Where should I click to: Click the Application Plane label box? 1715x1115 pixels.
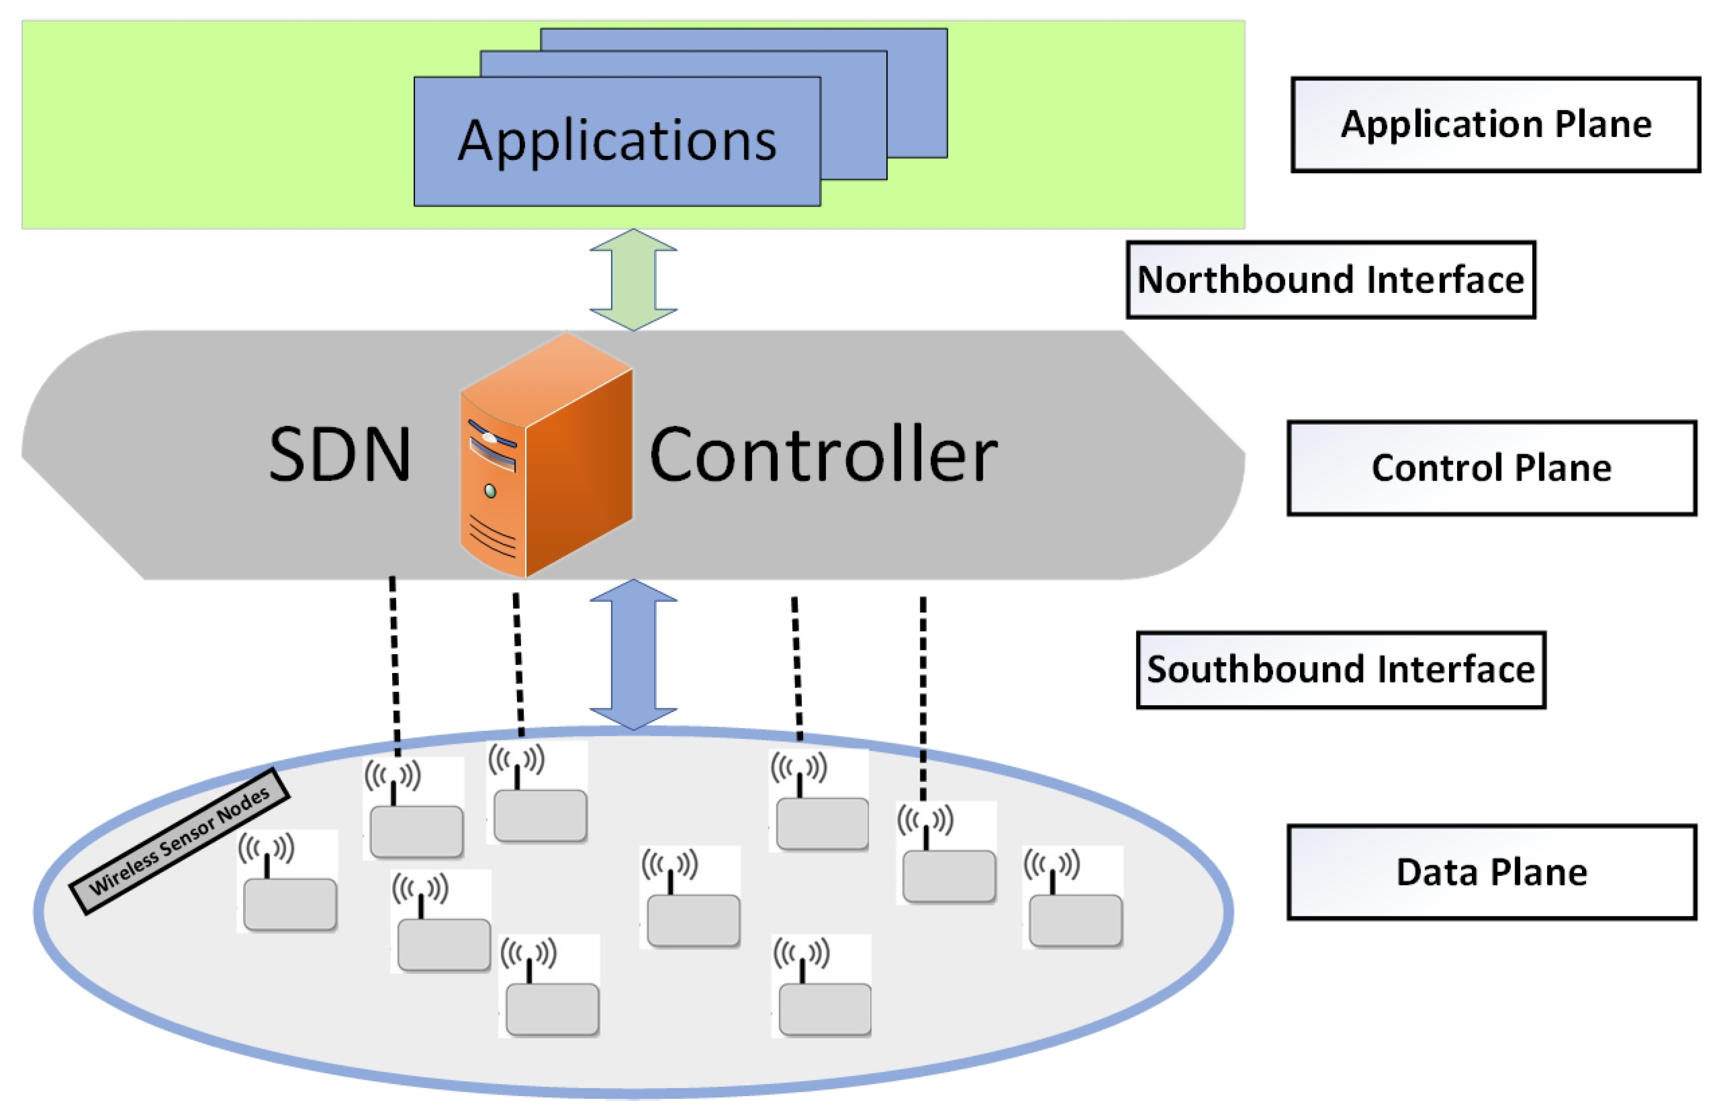[x=1496, y=124]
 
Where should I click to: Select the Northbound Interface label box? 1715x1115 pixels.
[x=1331, y=280]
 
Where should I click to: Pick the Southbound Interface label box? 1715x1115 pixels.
[x=1341, y=670]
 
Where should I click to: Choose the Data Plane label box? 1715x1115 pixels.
[x=1492, y=872]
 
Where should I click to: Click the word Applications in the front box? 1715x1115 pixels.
[x=618, y=140]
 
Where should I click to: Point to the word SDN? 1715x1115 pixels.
[x=340, y=454]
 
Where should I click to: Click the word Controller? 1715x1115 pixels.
[x=824, y=454]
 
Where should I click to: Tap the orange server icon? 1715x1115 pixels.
[x=546, y=454]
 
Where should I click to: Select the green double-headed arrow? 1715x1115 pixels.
[x=633, y=280]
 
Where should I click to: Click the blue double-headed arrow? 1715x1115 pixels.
[x=633, y=654]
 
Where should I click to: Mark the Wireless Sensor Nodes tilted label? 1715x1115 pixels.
[x=179, y=841]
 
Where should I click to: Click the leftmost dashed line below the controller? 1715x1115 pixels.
[x=395, y=667]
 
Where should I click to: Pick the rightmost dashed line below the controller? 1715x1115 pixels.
[x=923, y=699]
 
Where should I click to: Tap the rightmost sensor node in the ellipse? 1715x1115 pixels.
[x=1073, y=897]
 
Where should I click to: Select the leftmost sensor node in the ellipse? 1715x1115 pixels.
[x=288, y=881]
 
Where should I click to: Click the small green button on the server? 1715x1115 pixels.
[x=491, y=492]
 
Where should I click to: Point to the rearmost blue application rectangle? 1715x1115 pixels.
[x=744, y=93]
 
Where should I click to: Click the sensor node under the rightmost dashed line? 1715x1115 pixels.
[x=947, y=852]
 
